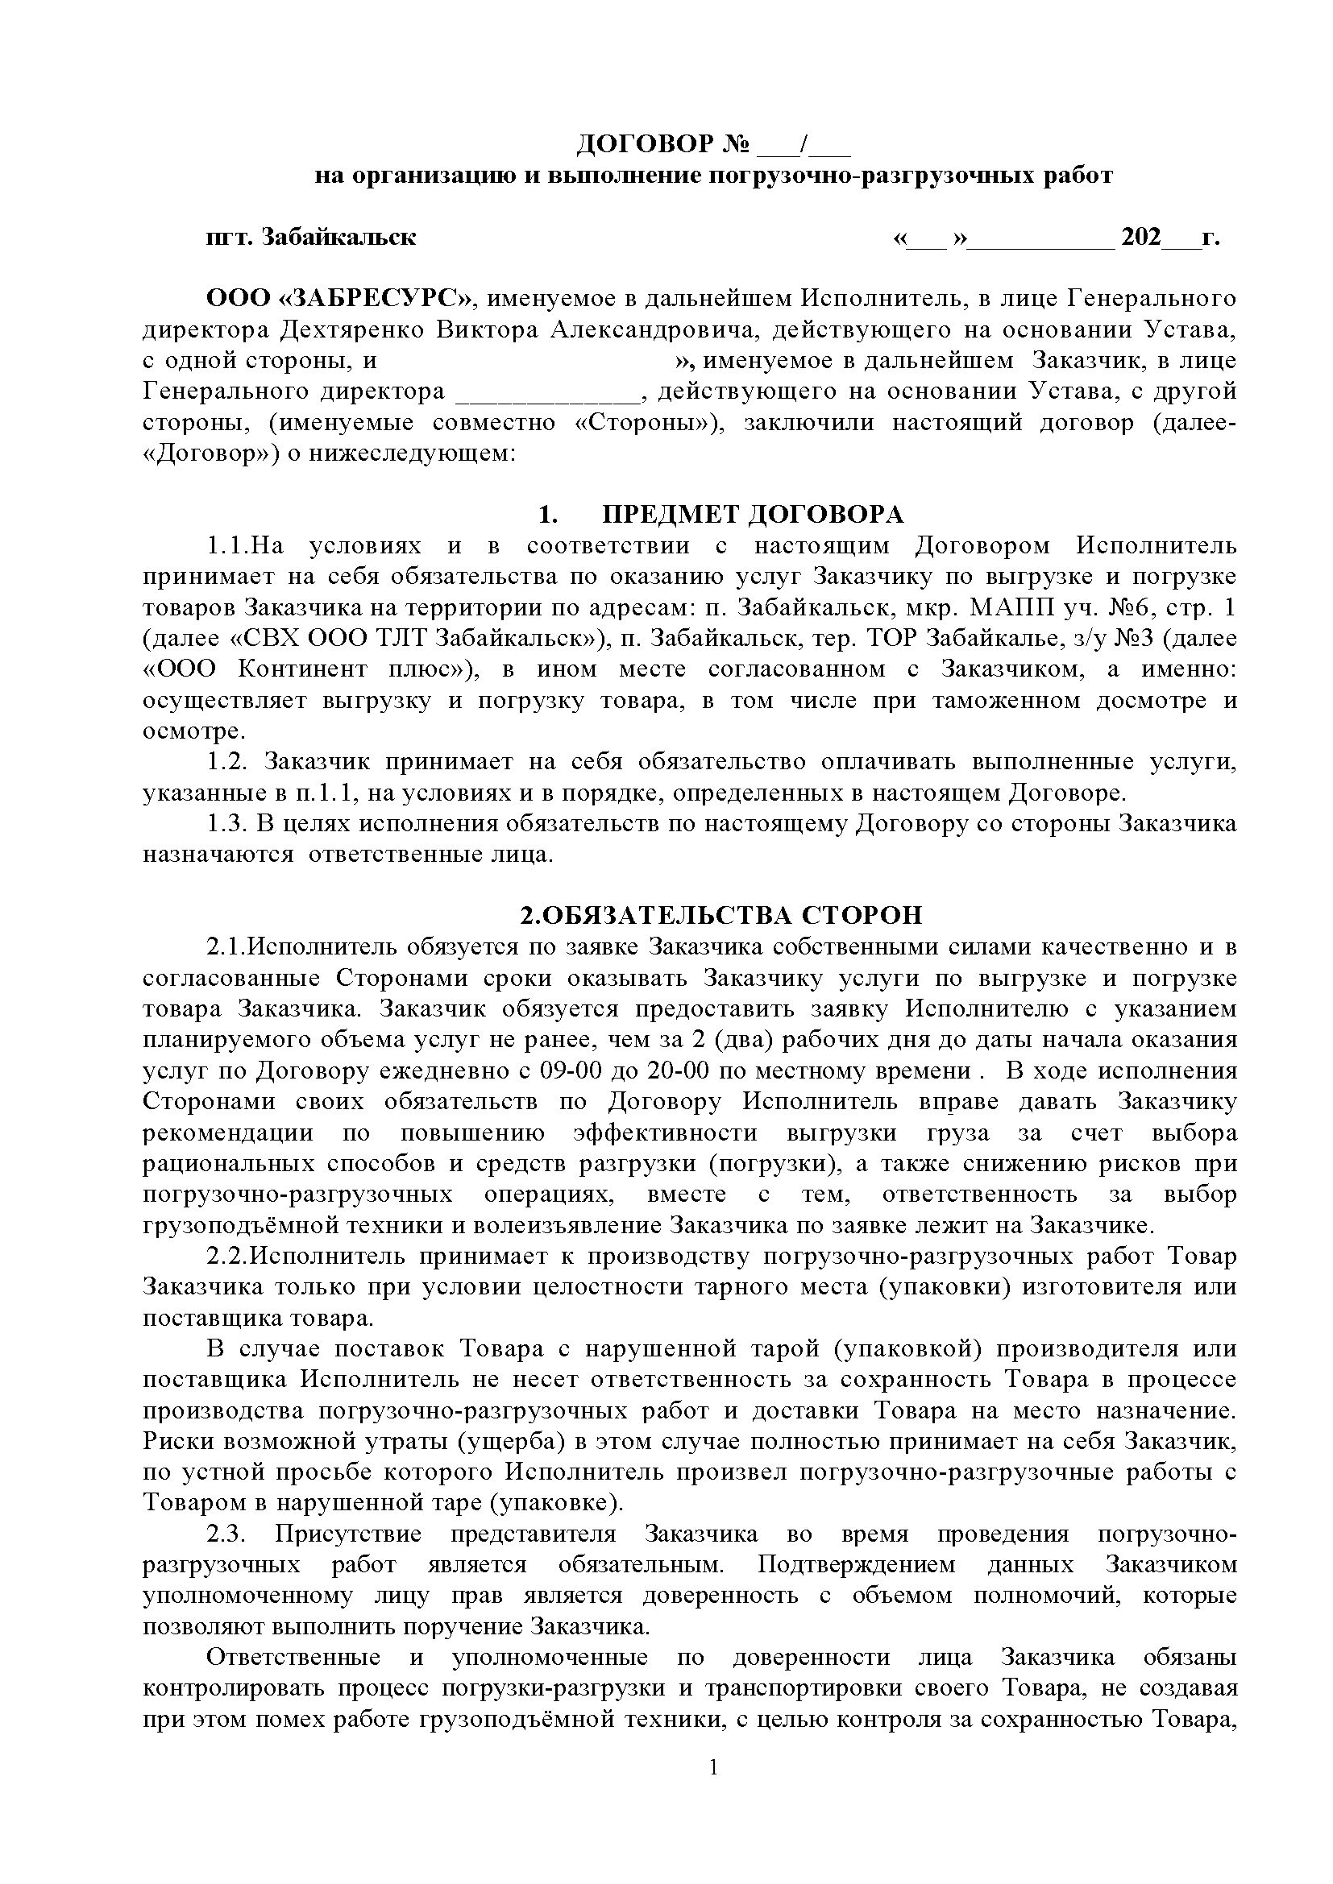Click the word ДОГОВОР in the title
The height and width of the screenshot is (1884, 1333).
645,145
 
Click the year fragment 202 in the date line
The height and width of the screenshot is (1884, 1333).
1141,237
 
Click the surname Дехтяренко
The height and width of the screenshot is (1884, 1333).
352,330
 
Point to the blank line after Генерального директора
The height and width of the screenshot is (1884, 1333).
546,392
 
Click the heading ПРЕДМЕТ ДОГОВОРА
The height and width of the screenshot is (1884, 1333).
752,515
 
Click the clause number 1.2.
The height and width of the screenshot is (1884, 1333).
226,762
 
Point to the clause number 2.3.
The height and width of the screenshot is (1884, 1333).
226,1534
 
